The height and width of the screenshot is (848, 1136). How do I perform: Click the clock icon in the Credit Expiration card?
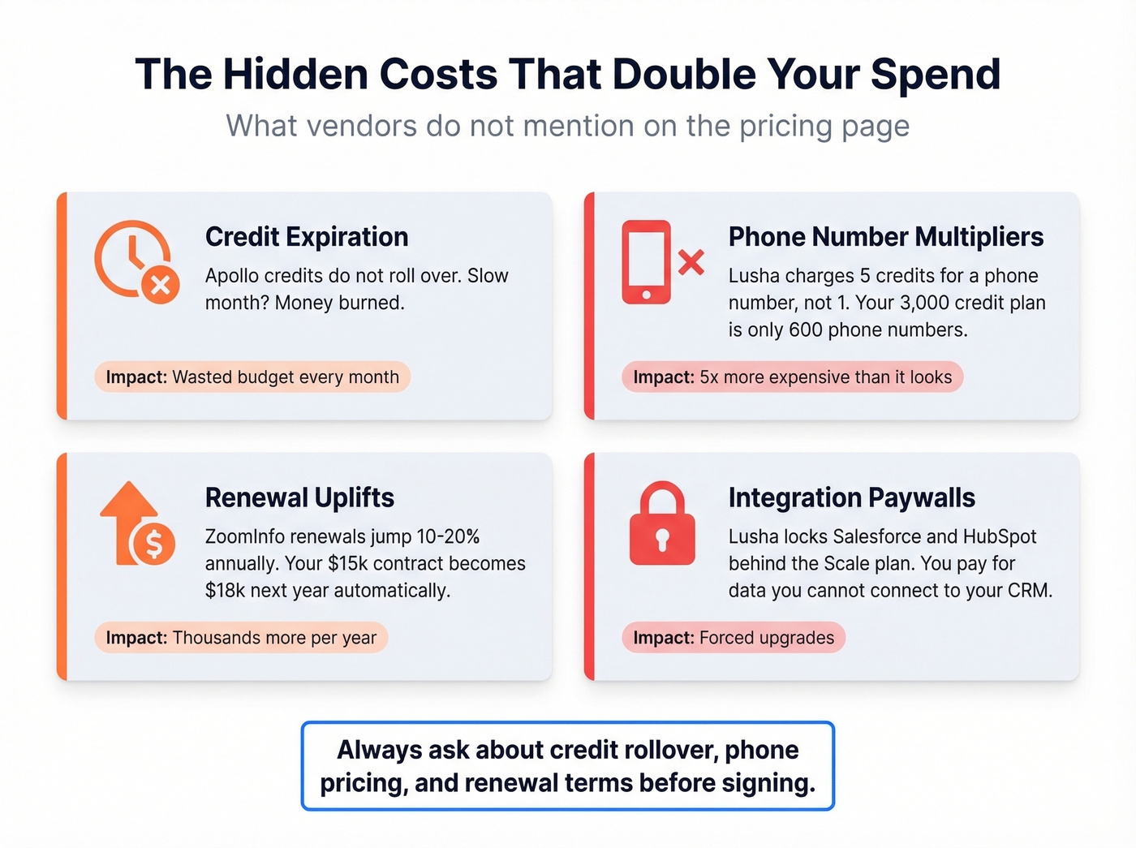tap(133, 258)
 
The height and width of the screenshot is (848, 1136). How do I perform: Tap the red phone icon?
tap(646, 262)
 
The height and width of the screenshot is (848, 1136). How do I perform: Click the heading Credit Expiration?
tap(307, 237)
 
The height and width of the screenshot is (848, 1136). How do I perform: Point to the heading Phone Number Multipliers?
tap(886, 237)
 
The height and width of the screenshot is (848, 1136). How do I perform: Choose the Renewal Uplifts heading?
tap(299, 497)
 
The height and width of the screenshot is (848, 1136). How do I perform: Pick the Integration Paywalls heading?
tap(852, 497)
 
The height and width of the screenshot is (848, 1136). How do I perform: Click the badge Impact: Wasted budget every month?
tap(252, 377)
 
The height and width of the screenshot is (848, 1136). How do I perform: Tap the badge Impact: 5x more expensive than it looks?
tap(792, 377)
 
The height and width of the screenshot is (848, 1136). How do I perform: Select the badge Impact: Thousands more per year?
tap(241, 638)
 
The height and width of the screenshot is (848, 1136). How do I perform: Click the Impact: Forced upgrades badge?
tap(734, 638)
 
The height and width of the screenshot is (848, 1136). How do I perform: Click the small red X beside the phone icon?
tap(691, 262)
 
